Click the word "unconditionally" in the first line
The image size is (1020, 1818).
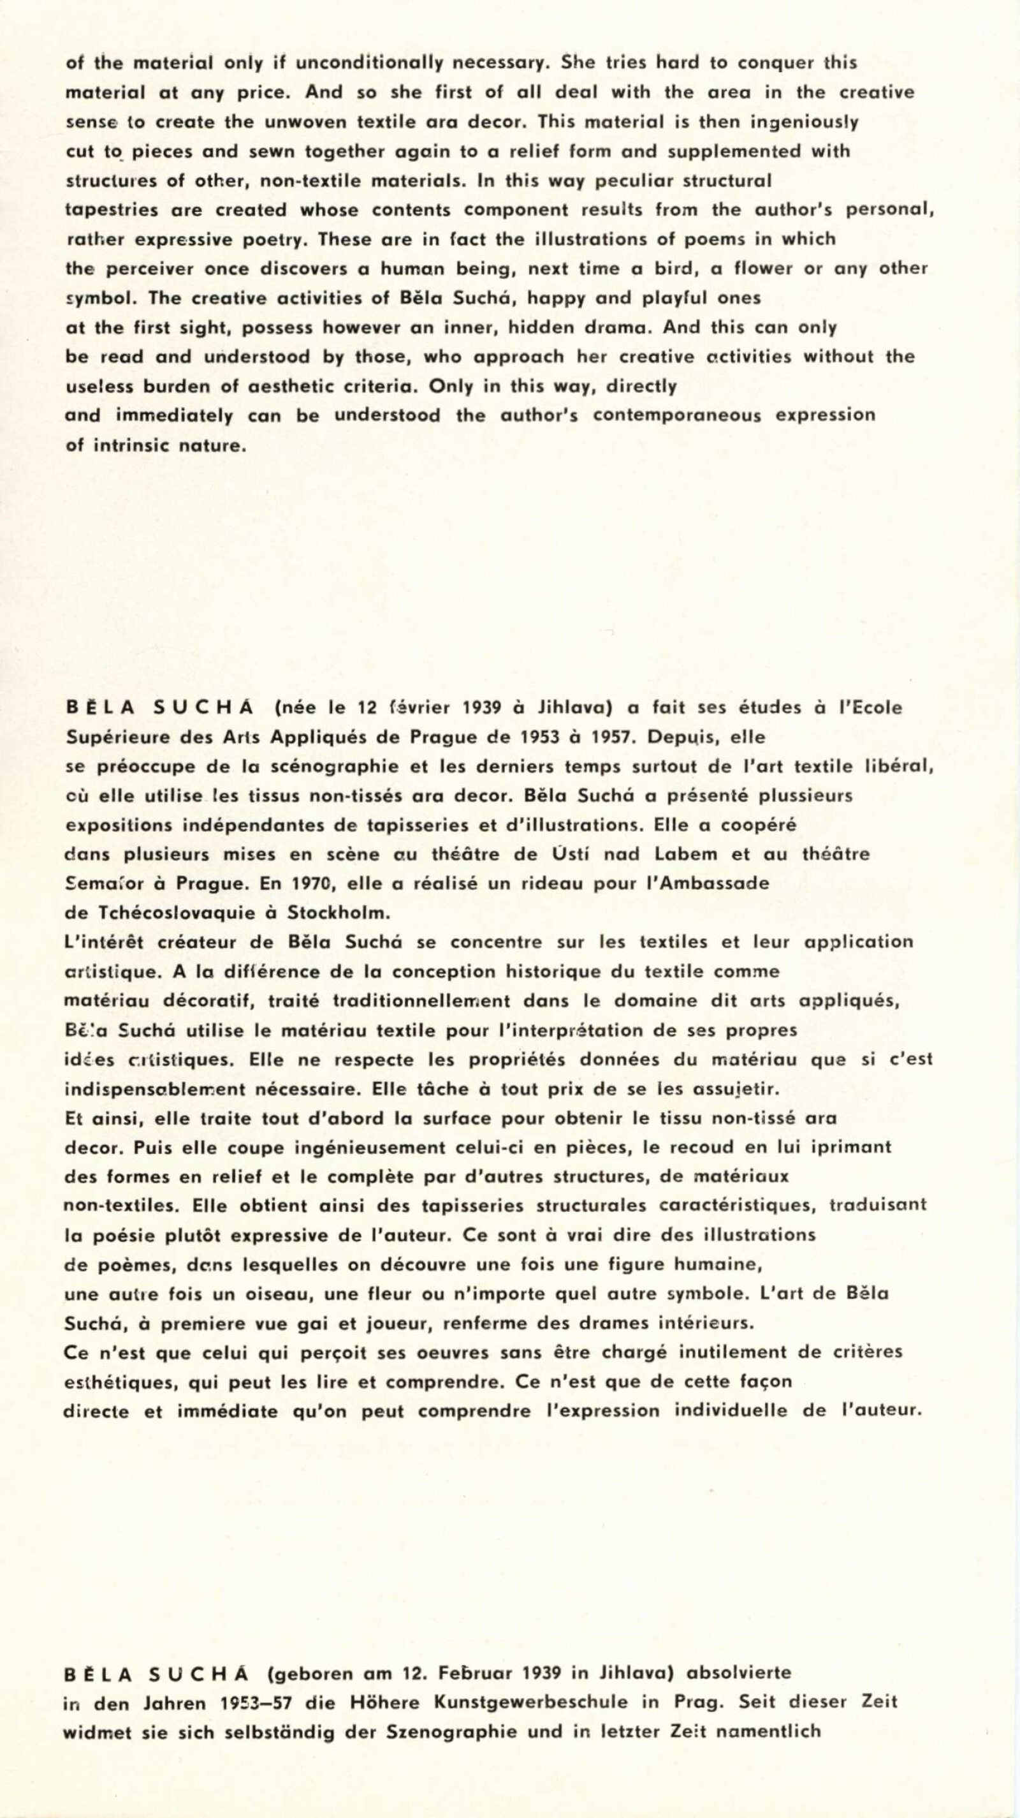(369, 63)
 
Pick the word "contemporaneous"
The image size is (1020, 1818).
(677, 415)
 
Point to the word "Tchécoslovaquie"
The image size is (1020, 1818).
(177, 913)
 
